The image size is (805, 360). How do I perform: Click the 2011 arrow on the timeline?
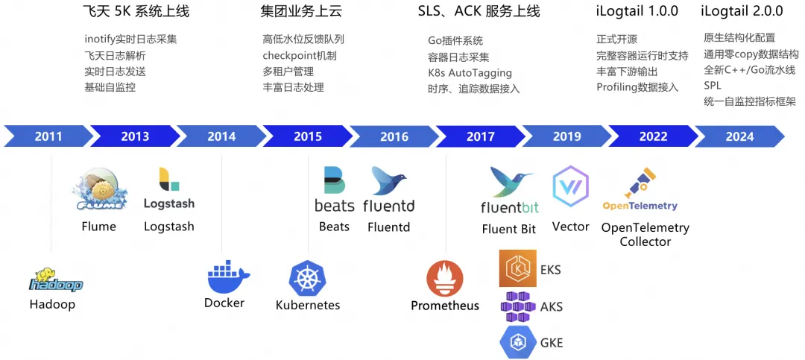(x=48, y=136)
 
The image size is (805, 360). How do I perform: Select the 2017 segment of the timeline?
(x=480, y=136)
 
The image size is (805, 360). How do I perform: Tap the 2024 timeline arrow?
(x=739, y=136)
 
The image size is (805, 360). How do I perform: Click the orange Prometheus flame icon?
(x=444, y=279)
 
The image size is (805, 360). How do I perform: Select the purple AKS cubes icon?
(x=518, y=306)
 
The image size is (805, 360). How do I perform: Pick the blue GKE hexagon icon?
(x=517, y=342)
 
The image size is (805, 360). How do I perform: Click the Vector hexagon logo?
(x=570, y=187)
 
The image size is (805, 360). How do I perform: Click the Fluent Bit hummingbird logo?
(x=510, y=182)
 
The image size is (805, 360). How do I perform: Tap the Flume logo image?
(x=98, y=190)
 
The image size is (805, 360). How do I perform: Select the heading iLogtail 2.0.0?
(x=742, y=11)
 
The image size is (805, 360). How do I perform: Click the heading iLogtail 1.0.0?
(x=637, y=11)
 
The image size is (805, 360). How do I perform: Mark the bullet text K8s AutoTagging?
(x=470, y=73)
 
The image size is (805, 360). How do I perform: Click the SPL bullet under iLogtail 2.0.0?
(x=713, y=86)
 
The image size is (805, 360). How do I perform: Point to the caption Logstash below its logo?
(x=168, y=227)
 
